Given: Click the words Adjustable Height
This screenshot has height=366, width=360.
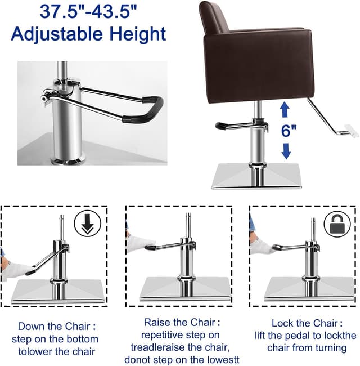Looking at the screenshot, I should pos(88,33).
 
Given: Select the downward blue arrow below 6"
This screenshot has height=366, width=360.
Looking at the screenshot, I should pos(286,150).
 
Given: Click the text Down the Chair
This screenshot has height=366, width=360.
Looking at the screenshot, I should pos(55,326).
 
